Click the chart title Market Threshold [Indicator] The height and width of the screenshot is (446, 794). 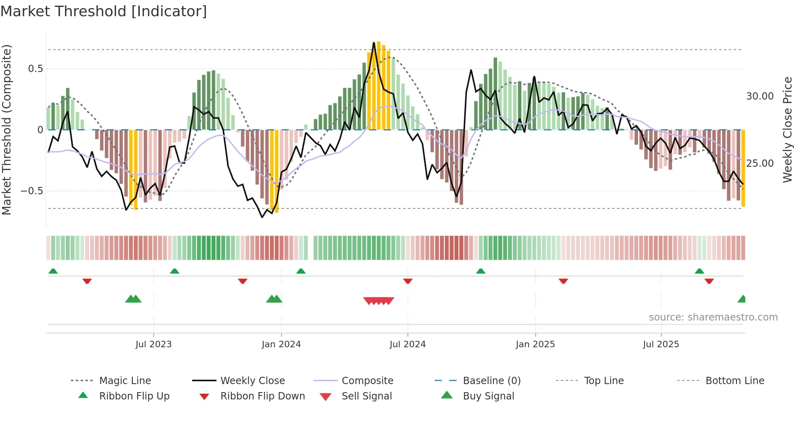[104, 11]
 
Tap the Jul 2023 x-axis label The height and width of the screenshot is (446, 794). [154, 344]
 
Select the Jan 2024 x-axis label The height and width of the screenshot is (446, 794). [281, 344]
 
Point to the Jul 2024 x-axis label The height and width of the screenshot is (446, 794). [408, 344]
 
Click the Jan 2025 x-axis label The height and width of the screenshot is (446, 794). [535, 344]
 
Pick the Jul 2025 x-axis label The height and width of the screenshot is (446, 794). [661, 344]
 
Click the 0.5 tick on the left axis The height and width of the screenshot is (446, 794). [36, 69]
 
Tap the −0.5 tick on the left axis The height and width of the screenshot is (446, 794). [32, 191]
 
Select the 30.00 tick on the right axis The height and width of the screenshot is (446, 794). [760, 96]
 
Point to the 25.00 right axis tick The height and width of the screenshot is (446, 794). [760, 164]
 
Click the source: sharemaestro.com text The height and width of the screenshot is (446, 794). [713, 317]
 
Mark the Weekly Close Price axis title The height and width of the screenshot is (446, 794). [787, 130]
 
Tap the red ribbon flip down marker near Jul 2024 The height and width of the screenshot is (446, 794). [408, 281]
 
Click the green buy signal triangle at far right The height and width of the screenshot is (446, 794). [742, 299]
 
